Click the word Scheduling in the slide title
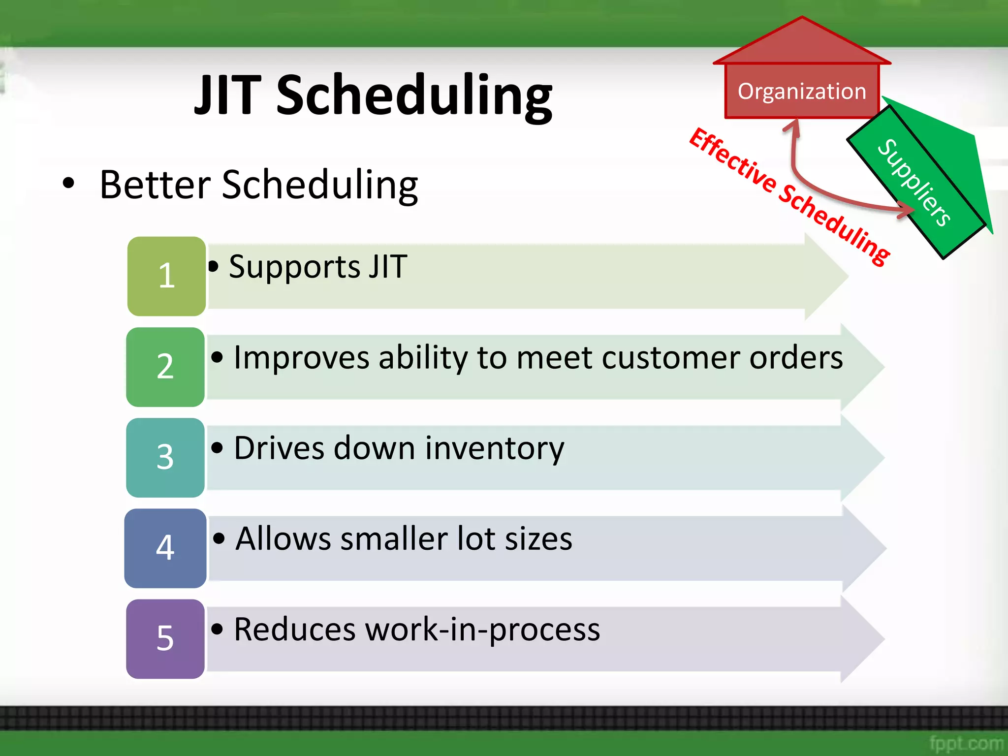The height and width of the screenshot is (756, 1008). coord(414,96)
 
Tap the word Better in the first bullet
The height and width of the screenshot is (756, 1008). coord(156,185)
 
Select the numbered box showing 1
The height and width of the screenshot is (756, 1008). coord(166,276)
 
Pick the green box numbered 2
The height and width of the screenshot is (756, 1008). coord(165,367)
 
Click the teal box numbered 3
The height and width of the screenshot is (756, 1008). coord(165,458)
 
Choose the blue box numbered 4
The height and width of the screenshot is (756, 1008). coord(165,548)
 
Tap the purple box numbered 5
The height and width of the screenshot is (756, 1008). coord(165,639)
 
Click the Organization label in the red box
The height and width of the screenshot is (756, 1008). coord(802,92)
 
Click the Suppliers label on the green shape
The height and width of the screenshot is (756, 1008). coord(914,183)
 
